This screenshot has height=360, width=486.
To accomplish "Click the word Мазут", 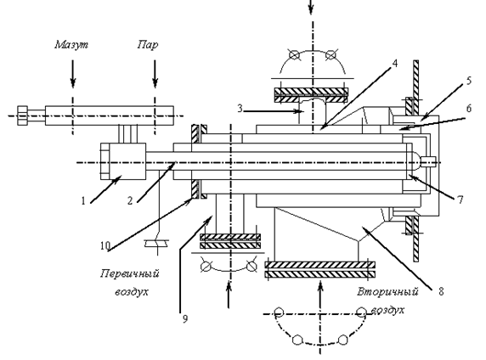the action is pyautogui.click(x=71, y=45).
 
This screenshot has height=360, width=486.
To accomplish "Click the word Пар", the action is pyautogui.click(x=148, y=45).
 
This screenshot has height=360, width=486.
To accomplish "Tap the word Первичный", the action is pyautogui.click(x=130, y=274).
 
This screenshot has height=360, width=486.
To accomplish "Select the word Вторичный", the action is pyautogui.click(x=387, y=292).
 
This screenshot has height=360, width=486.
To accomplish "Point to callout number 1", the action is pyautogui.click(x=83, y=201).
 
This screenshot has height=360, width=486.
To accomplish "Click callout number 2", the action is pyautogui.click(x=130, y=200).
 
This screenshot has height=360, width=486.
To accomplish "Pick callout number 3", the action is pyautogui.click(x=240, y=109).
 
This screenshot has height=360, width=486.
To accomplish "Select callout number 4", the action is pyautogui.click(x=394, y=64).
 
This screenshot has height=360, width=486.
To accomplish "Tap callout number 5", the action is pyautogui.click(x=469, y=81).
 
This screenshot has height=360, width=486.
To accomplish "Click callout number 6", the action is pyautogui.click(x=469, y=108).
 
